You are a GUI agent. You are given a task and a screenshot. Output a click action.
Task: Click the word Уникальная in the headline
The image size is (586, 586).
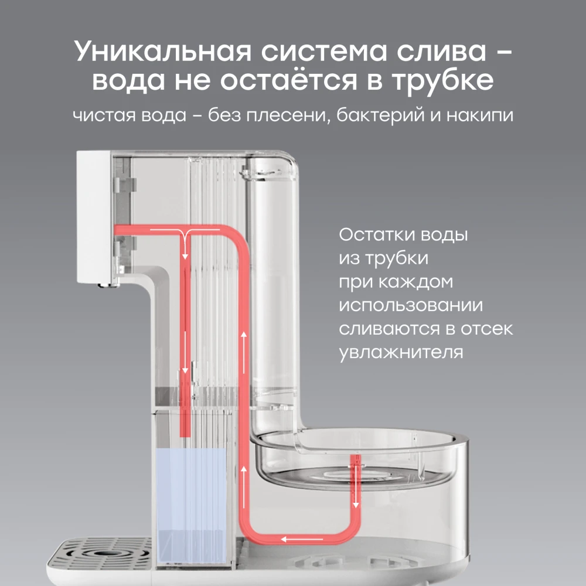pyautogui.click(x=162, y=51)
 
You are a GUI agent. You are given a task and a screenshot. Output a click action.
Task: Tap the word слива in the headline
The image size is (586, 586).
pyautogui.click(x=441, y=51)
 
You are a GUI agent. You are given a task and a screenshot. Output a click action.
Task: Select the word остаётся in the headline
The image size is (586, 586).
pyautogui.click(x=288, y=80)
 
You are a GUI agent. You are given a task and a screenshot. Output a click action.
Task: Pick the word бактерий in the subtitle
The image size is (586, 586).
pyautogui.click(x=380, y=114)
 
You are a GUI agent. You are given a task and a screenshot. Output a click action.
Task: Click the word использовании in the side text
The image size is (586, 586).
pyautogui.click(x=411, y=305)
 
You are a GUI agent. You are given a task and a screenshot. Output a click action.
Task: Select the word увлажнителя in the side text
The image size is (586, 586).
pyautogui.click(x=401, y=353)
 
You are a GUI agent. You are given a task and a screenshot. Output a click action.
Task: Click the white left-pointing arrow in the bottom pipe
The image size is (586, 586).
pyautogui.click(x=302, y=539)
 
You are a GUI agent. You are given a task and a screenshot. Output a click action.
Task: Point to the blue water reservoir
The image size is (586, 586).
pyautogui.click(x=191, y=505)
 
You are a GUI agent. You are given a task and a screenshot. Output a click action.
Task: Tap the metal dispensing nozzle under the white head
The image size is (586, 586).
pyautogui.click(x=109, y=285)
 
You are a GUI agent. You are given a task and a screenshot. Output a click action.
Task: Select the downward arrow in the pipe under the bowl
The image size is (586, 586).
pyautogui.click(x=356, y=486)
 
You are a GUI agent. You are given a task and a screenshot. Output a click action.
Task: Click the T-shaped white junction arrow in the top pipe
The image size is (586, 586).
pyautogui.click(x=185, y=239)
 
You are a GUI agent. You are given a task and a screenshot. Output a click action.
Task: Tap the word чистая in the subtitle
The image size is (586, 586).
pyautogui.click(x=104, y=115)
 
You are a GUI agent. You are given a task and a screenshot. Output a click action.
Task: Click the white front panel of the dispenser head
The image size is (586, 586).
pyautogui.click(x=93, y=217)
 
